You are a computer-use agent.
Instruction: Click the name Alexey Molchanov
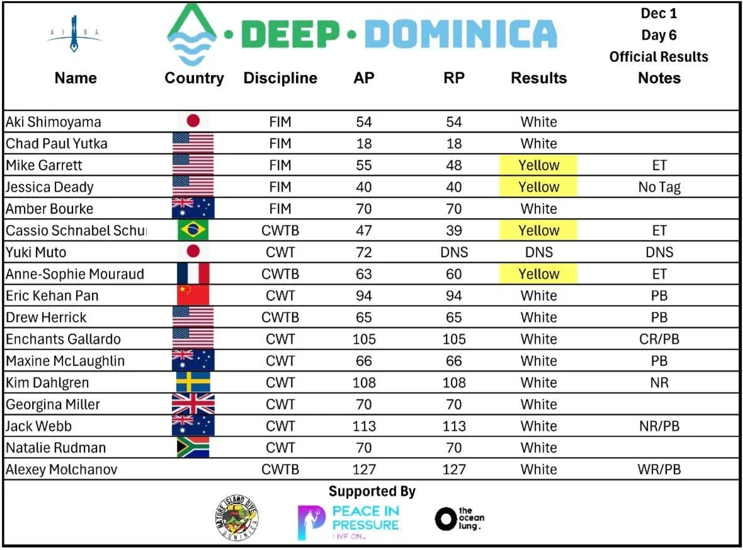click(x=62, y=469)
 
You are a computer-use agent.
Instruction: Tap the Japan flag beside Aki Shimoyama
click(x=193, y=122)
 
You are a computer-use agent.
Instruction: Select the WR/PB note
click(x=659, y=469)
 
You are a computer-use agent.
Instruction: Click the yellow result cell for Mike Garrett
click(x=538, y=166)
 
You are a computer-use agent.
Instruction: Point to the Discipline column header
click(x=280, y=78)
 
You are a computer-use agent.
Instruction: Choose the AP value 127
click(x=364, y=469)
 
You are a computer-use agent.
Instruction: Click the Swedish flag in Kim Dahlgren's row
click(x=193, y=382)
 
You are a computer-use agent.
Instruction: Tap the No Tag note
click(x=659, y=187)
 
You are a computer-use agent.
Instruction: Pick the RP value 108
click(x=454, y=382)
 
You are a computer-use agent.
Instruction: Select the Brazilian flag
click(x=193, y=231)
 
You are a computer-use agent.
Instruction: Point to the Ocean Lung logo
click(x=460, y=518)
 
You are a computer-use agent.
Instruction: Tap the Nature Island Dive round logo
click(x=237, y=519)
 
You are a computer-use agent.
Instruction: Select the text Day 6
click(x=659, y=35)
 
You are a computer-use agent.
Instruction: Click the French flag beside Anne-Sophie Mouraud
click(x=193, y=274)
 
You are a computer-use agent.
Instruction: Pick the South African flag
click(x=193, y=448)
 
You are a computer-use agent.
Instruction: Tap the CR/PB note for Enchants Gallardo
click(x=659, y=339)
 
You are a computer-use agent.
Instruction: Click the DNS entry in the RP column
click(x=454, y=252)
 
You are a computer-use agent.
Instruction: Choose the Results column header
click(x=538, y=78)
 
